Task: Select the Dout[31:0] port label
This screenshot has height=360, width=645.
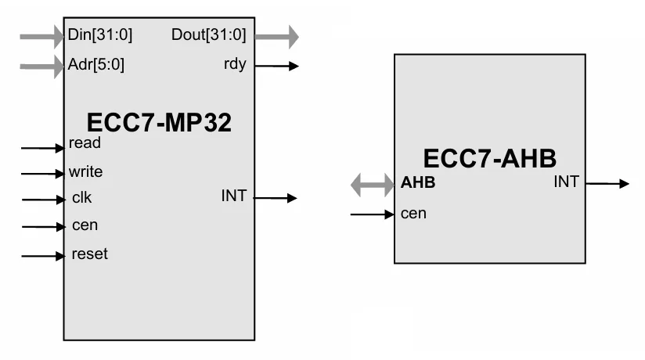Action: pos(208,35)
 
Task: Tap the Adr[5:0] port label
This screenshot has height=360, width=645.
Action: pos(96,65)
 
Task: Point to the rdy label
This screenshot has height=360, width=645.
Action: pos(235,64)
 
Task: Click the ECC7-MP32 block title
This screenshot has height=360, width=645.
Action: pos(159,122)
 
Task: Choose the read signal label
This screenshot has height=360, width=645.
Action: pos(85,144)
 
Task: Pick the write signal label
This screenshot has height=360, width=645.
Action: pos(85,171)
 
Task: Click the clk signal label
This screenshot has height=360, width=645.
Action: pos(81,198)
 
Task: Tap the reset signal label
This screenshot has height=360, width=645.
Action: pos(89,254)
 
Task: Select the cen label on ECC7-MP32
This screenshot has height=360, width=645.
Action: pos(84,225)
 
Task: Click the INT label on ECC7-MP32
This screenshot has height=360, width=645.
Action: pos(233,196)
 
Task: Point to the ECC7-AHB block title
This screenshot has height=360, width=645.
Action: pos(489,159)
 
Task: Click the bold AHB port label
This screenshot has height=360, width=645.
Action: pos(417,183)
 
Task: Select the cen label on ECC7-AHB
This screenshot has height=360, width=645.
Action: pos(413,213)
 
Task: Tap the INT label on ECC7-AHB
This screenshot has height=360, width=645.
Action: pos(566,182)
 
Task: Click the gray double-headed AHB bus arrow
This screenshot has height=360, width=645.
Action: pos(372,185)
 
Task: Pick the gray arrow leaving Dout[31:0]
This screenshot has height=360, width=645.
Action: pos(276,36)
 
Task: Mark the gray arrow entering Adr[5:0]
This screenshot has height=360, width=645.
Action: pos(41,66)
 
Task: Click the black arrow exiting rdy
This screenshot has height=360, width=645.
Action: pos(276,67)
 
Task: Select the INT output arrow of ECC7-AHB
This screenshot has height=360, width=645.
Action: pos(607,184)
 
